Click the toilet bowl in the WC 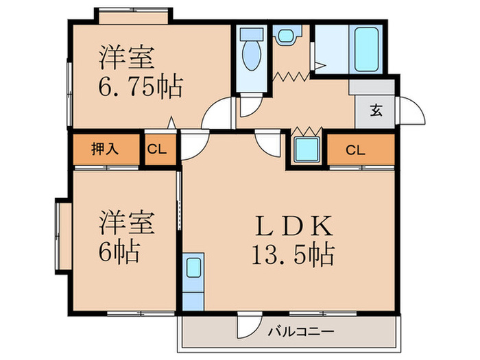252,56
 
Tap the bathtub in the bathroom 366,49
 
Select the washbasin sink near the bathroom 287,36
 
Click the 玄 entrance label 376,110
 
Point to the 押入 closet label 105,149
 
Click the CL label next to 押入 157,149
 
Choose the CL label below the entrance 355,150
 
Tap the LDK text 293,226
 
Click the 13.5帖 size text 293,254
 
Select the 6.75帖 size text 141,87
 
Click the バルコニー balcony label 301,331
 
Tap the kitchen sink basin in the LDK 193,267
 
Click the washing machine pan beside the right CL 307,149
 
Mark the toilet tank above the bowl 252,34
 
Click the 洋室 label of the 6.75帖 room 126,57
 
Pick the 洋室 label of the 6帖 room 126,223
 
